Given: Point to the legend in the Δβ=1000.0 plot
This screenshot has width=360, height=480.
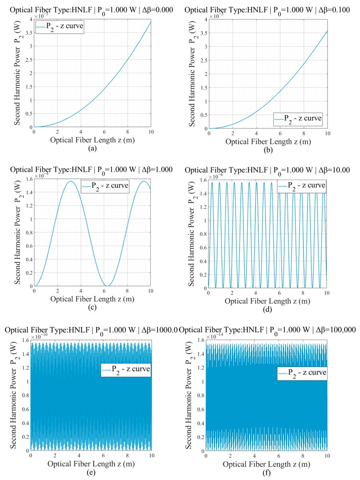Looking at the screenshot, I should [126, 370].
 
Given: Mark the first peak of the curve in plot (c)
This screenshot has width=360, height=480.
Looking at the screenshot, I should [71, 181].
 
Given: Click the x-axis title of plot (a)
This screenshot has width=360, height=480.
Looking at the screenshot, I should [92, 140].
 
